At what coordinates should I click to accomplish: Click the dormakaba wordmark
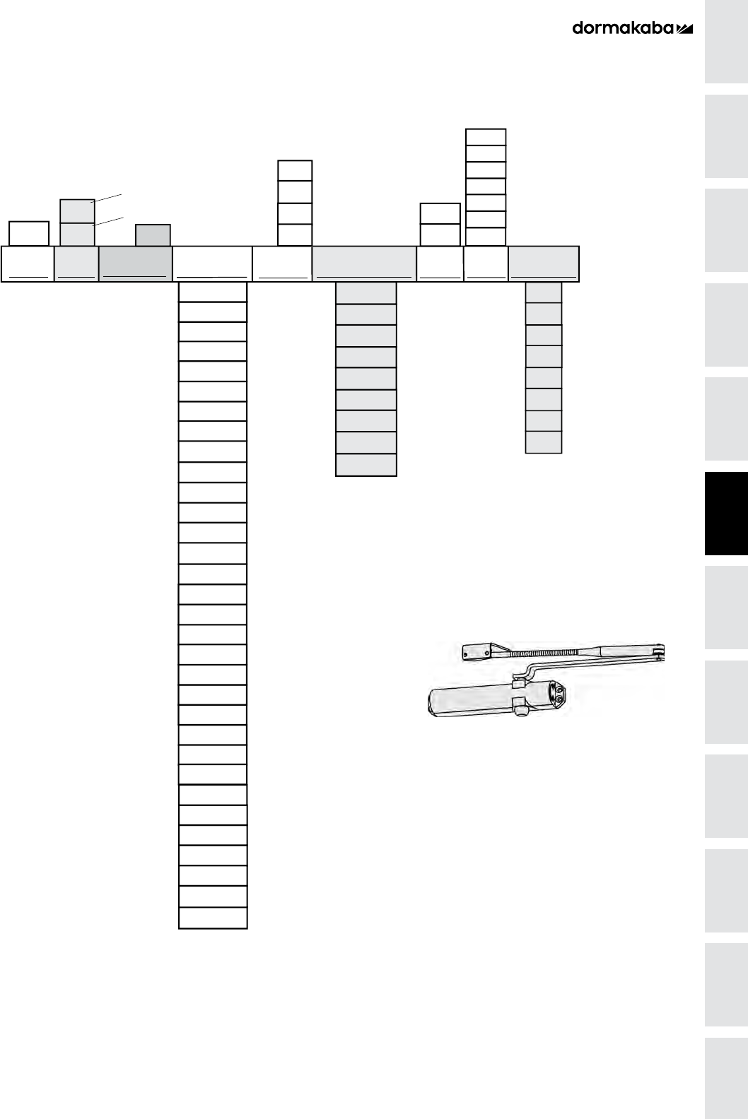tap(623, 28)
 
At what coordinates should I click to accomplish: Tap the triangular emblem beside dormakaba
tap(685, 29)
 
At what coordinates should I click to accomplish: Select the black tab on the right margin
tap(726, 514)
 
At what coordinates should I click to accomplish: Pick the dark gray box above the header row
tap(153, 235)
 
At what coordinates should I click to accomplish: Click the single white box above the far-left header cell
tap(29, 233)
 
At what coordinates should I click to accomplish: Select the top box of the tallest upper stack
tap(486, 137)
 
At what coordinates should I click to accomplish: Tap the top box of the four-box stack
tap(295, 170)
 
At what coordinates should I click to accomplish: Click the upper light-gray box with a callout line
tap(77, 211)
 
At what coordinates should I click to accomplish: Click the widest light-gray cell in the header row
tap(364, 264)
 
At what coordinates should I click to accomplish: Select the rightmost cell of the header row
tap(544, 264)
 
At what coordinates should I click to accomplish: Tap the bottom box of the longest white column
tap(213, 918)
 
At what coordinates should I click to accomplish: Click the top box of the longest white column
tap(213, 292)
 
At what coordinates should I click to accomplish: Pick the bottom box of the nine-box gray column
tap(366, 465)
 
